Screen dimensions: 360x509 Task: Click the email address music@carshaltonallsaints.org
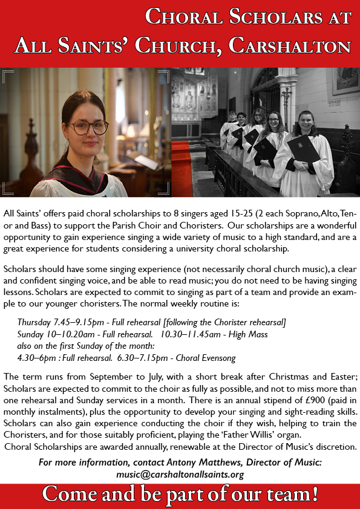(180, 475)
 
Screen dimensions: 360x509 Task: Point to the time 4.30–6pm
(39, 357)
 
